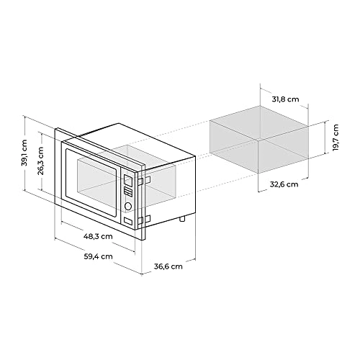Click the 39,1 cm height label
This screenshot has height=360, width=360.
(24, 153)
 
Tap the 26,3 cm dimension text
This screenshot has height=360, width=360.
(41, 163)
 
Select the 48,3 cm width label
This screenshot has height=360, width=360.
(96, 235)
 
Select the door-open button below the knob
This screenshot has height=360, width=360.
(128, 221)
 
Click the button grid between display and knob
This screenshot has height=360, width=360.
(128, 192)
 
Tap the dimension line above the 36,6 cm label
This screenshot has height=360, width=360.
(168, 256)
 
